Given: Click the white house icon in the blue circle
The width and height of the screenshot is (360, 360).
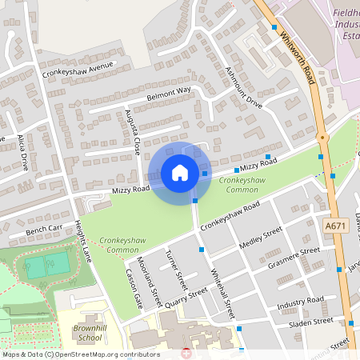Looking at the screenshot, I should [x=180, y=173].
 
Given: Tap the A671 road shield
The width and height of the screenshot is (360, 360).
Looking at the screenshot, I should [x=335, y=227].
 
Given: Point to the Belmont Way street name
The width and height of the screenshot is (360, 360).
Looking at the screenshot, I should [x=169, y=95].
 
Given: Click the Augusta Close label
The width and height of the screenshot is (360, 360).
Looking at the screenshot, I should [x=132, y=133].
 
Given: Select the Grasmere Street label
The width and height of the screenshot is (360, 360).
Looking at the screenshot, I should [x=294, y=257].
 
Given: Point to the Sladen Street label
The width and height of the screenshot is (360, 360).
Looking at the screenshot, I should [x=311, y=321].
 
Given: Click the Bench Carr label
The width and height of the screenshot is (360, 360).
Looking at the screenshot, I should [x=44, y=230].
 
